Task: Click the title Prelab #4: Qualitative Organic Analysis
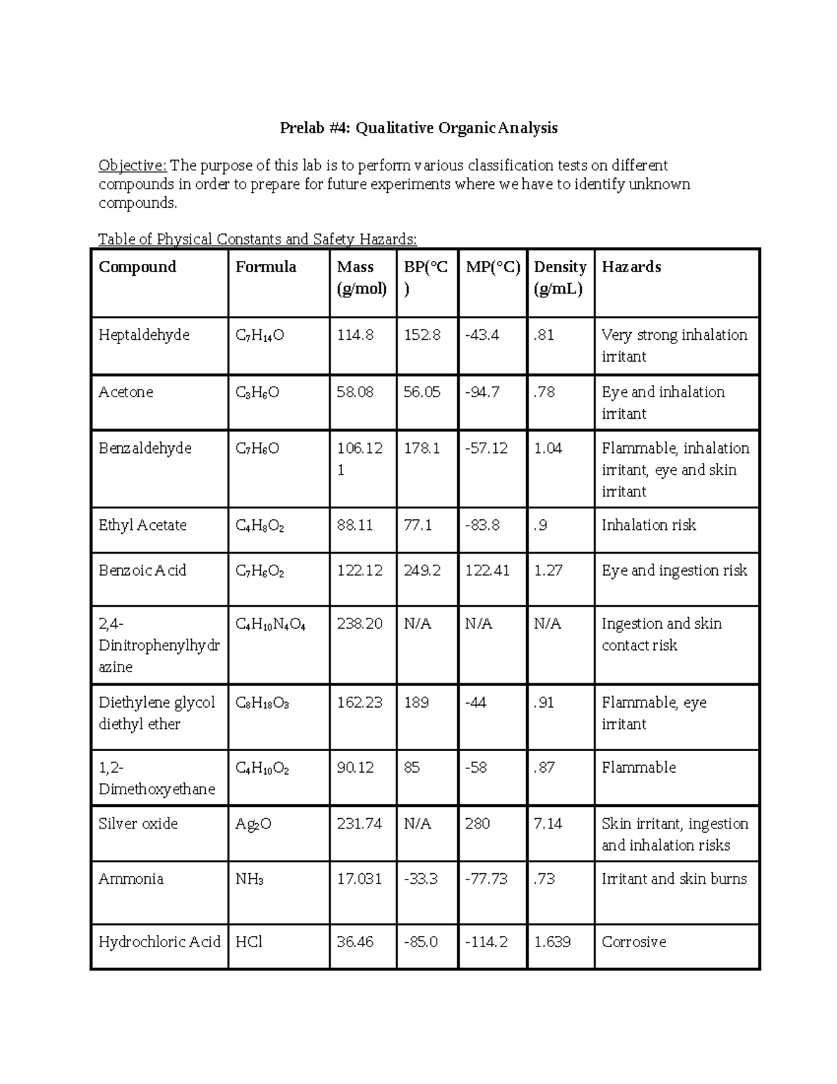click(418, 128)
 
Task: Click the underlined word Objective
click(132, 166)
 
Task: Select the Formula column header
click(266, 267)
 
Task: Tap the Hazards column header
click(631, 267)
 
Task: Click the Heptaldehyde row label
click(144, 335)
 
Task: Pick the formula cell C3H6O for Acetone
click(257, 393)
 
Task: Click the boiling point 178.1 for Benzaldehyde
click(421, 448)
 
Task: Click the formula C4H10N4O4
click(270, 624)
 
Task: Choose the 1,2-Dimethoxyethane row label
click(156, 778)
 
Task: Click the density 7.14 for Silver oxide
click(548, 824)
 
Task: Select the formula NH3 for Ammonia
click(249, 879)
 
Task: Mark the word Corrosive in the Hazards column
click(633, 942)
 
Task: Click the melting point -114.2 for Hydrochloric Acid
click(486, 942)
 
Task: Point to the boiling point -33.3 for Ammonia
click(421, 879)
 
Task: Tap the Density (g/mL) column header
click(559, 278)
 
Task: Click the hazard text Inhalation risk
click(648, 526)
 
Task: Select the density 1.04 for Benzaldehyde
click(548, 448)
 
